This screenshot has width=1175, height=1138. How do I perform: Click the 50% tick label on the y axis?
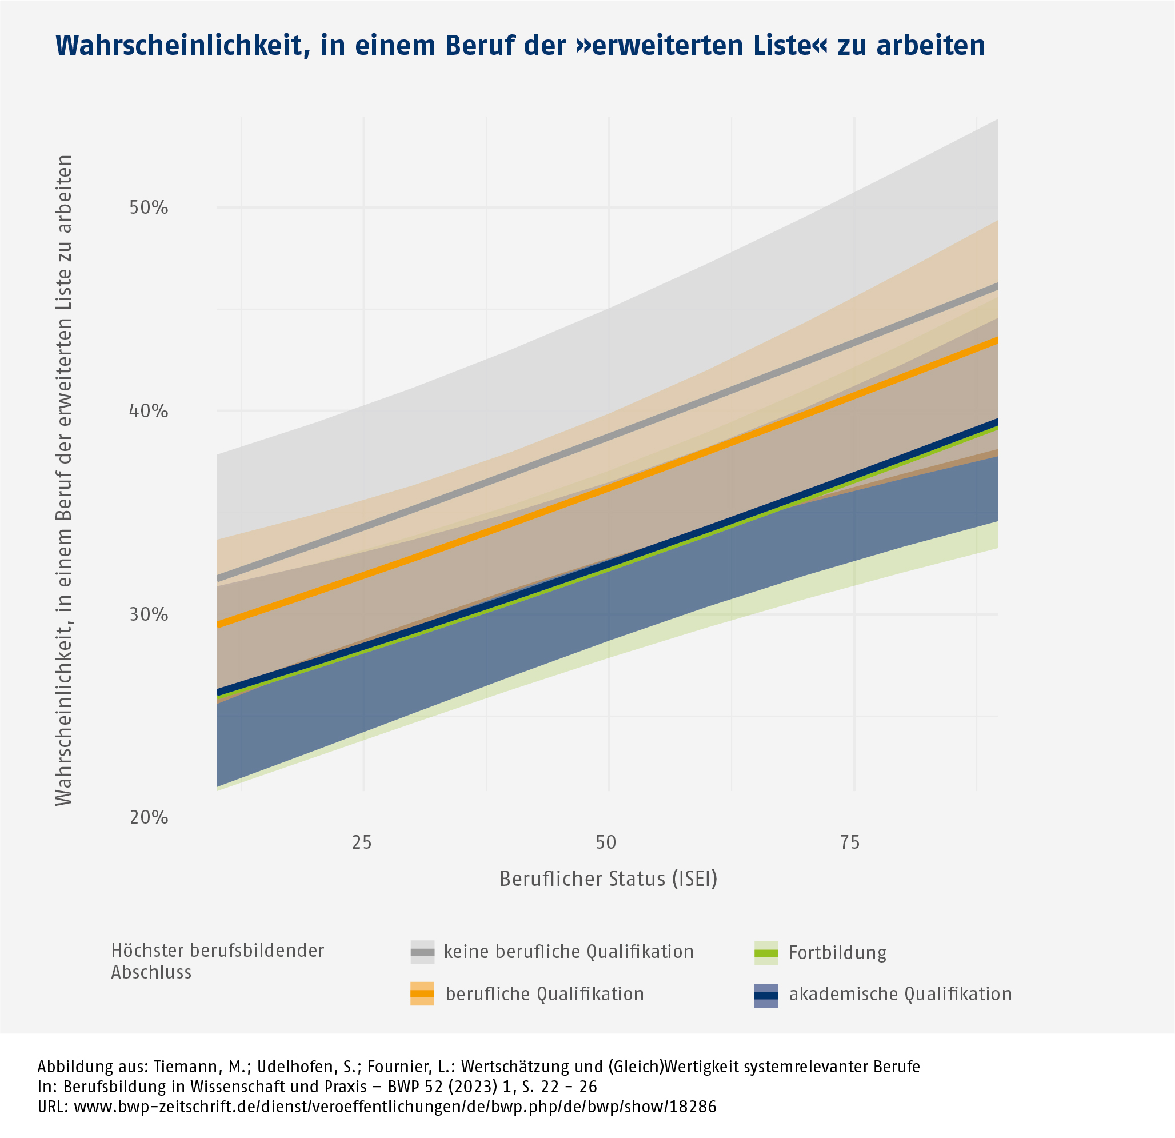pyautogui.click(x=149, y=208)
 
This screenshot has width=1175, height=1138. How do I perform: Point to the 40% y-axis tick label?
pyautogui.click(x=149, y=412)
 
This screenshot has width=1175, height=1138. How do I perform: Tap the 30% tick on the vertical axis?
pyautogui.click(x=149, y=614)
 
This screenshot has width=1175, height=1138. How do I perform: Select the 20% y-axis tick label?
pyautogui.click(x=149, y=817)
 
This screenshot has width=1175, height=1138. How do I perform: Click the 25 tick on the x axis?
pyautogui.click(x=362, y=842)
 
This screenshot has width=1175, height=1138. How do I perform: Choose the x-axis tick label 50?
pyautogui.click(x=606, y=842)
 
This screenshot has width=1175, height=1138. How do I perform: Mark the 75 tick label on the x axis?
pyautogui.click(x=850, y=842)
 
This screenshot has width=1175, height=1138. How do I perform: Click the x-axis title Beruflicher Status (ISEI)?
pyautogui.click(x=609, y=879)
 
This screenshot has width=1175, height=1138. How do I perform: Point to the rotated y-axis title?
pyautogui.click(x=64, y=480)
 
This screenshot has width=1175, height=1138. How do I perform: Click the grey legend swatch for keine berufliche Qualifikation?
pyautogui.click(x=422, y=952)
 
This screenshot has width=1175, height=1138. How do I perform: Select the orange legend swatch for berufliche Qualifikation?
pyautogui.click(x=422, y=993)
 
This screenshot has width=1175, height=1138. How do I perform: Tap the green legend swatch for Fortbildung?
pyautogui.click(x=766, y=953)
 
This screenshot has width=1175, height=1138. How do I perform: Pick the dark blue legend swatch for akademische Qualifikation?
pyautogui.click(x=766, y=995)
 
